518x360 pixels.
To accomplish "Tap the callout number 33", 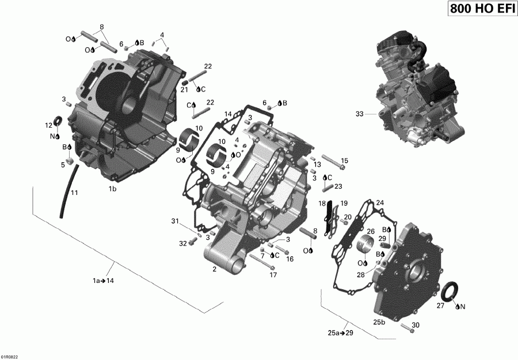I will [360, 114].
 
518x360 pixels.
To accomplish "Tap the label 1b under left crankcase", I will [113, 189].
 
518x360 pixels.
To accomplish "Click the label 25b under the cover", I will [380, 321].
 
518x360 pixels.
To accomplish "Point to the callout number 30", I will [416, 325].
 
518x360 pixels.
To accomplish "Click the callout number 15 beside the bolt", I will [345, 160].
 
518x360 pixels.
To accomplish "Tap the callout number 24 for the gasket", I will [379, 202].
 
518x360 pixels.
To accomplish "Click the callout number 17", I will [273, 275].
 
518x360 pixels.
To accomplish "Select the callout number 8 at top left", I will [102, 27].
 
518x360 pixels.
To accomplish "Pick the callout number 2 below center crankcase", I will [214, 269].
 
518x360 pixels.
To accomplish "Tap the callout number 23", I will [338, 186].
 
